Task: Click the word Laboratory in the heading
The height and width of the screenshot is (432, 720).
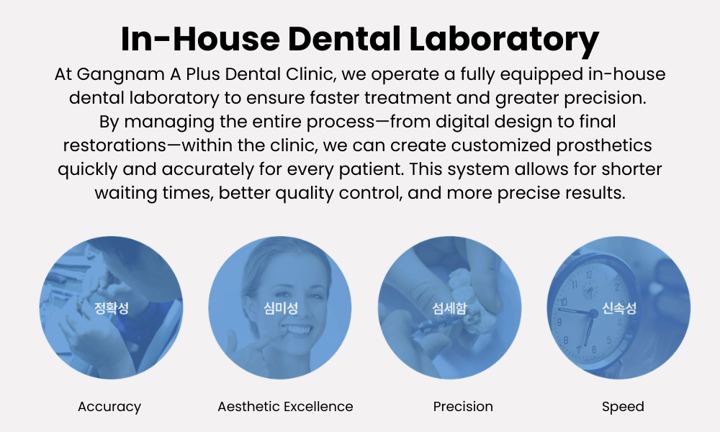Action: [x=504, y=40]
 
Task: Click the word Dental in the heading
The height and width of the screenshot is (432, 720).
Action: [x=344, y=39]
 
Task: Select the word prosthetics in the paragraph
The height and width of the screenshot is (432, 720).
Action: [x=604, y=145]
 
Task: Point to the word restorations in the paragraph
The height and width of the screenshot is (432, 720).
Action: [x=114, y=145]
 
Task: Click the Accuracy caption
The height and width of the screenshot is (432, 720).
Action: [x=109, y=407]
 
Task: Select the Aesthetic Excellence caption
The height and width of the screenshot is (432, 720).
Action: [x=285, y=406]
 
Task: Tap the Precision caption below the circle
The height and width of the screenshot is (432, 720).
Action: [x=463, y=406]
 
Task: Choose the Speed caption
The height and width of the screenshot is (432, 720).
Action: [x=623, y=407]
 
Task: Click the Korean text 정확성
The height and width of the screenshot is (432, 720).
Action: [x=111, y=307]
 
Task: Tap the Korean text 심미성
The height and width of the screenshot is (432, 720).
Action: [x=281, y=307]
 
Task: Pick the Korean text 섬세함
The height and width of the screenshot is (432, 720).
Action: [x=449, y=307]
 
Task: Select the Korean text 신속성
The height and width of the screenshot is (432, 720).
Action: [x=619, y=307]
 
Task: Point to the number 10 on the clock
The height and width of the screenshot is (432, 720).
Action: [x=563, y=302]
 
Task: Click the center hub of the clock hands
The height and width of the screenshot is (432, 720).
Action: [x=593, y=313]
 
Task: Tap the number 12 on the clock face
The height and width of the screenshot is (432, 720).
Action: [x=589, y=275]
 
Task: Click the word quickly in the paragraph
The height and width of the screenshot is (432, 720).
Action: [x=87, y=169]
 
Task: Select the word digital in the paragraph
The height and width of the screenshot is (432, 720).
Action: [x=462, y=122]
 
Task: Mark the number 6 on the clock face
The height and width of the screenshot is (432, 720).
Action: [x=594, y=350]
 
